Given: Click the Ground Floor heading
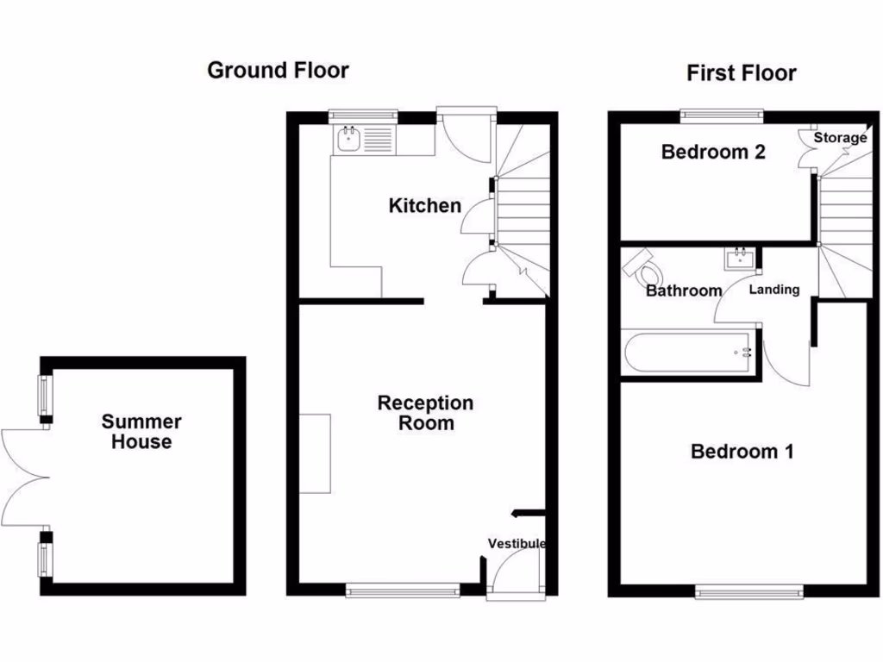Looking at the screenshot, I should [278, 71].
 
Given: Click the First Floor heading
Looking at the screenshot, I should [741, 73].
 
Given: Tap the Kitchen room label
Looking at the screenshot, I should [424, 206].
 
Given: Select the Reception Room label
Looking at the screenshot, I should [425, 413].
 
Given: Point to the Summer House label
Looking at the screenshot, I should [141, 432].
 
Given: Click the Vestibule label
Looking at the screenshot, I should [517, 544].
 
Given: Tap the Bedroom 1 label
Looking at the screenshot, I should [742, 451].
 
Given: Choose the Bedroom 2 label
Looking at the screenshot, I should [713, 153].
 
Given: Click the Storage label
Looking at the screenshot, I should [840, 138].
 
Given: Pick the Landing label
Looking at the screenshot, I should [773, 290].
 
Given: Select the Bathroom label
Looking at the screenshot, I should [684, 291].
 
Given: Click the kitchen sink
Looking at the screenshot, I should [349, 139].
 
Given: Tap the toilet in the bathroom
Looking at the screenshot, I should [642, 266].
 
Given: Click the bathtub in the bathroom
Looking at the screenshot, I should [687, 353].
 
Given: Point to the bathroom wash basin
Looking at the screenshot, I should [740, 258].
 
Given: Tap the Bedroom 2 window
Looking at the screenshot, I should [722, 113].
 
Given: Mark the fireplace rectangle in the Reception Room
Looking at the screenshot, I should [315, 453].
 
